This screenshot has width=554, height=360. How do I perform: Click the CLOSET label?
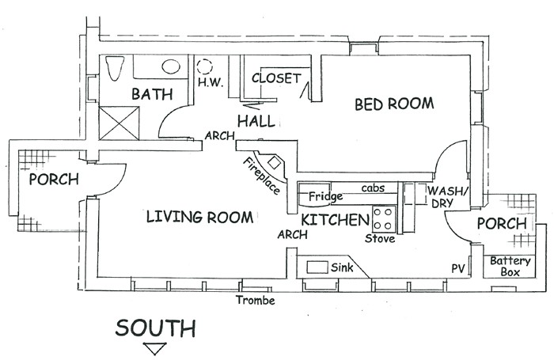click(x=276, y=78)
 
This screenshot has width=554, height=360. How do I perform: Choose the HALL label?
click(x=256, y=121)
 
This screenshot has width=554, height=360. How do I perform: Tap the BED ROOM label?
click(x=393, y=103)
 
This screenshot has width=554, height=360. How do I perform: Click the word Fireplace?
click(x=258, y=173)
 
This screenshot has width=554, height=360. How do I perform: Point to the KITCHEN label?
click(x=336, y=218)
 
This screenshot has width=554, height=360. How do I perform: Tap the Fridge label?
click(x=324, y=196)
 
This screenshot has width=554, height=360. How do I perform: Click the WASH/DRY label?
click(x=449, y=198)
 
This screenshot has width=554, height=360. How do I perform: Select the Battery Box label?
click(x=505, y=266)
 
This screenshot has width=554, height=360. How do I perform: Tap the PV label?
click(x=458, y=268)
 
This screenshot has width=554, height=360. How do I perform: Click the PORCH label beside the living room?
click(x=54, y=180)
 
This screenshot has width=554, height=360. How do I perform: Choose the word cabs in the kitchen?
click(x=373, y=188)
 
